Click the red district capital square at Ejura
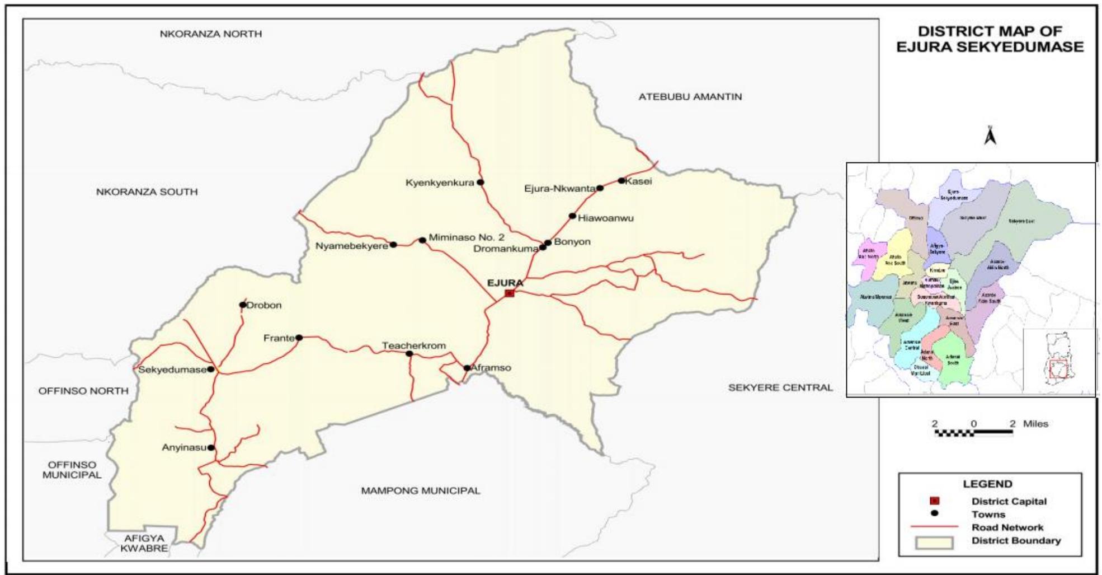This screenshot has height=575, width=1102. (509, 293)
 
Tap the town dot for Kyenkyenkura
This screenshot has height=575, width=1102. (480, 183)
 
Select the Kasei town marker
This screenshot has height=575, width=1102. (621, 181)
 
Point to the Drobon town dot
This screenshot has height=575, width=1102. (243, 305)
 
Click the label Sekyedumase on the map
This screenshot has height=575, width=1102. (172, 370)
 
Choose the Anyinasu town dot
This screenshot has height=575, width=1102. (211, 448)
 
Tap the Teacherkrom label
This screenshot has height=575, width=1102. (414, 345)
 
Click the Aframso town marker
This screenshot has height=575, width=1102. (467, 368)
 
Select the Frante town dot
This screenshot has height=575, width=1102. (299, 338)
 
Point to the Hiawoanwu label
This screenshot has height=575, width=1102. (606, 218)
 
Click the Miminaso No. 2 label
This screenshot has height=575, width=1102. (467, 237)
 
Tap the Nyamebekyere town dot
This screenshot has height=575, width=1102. (393, 245)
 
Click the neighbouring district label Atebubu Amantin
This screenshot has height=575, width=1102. (690, 97)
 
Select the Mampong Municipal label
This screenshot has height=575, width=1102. (420, 491)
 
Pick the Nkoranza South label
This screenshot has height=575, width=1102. (147, 192)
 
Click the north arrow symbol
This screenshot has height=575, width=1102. (990, 135)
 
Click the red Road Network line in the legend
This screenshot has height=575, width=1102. (934, 527)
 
